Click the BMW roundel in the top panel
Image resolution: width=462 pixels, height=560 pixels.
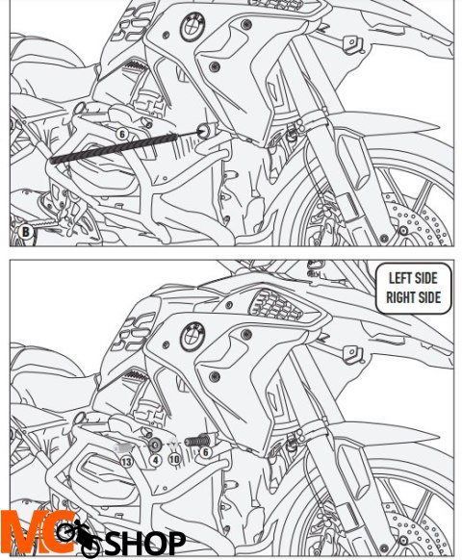(x=192, y=27)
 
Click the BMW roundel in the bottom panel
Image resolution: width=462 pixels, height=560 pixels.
(x=192, y=337)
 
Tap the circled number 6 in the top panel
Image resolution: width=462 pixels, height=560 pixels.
(x=122, y=135)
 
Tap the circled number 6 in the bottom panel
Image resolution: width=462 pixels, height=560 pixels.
(x=205, y=452)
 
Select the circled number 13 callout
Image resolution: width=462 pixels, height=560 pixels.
(x=126, y=462)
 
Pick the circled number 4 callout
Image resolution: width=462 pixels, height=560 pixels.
(x=155, y=460)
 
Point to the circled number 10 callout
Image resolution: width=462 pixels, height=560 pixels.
(x=174, y=459)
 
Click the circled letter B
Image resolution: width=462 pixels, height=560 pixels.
(x=25, y=232)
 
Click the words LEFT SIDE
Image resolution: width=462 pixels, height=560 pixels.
(x=413, y=278)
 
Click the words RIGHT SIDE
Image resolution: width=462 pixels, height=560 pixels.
(x=414, y=297)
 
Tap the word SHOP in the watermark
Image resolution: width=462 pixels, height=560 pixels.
(x=144, y=544)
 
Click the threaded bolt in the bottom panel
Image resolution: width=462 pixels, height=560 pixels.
(x=197, y=441)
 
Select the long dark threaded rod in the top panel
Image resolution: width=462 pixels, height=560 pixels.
(x=114, y=148)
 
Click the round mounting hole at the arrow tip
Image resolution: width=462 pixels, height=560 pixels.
(x=203, y=131)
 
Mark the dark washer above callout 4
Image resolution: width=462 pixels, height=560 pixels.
(x=155, y=445)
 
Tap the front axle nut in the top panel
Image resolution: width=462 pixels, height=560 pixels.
(x=403, y=231)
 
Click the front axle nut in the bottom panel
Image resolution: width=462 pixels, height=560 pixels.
(x=403, y=540)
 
